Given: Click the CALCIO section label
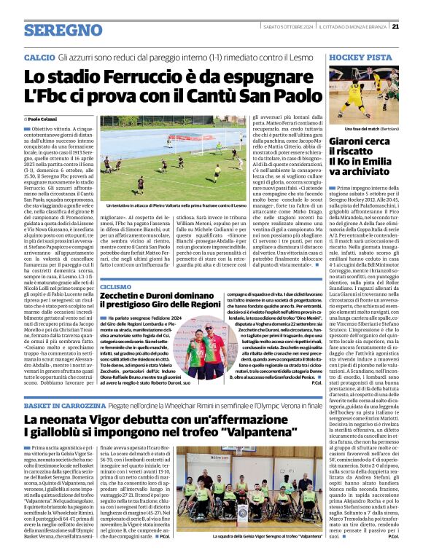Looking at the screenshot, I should click(39, 57).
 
